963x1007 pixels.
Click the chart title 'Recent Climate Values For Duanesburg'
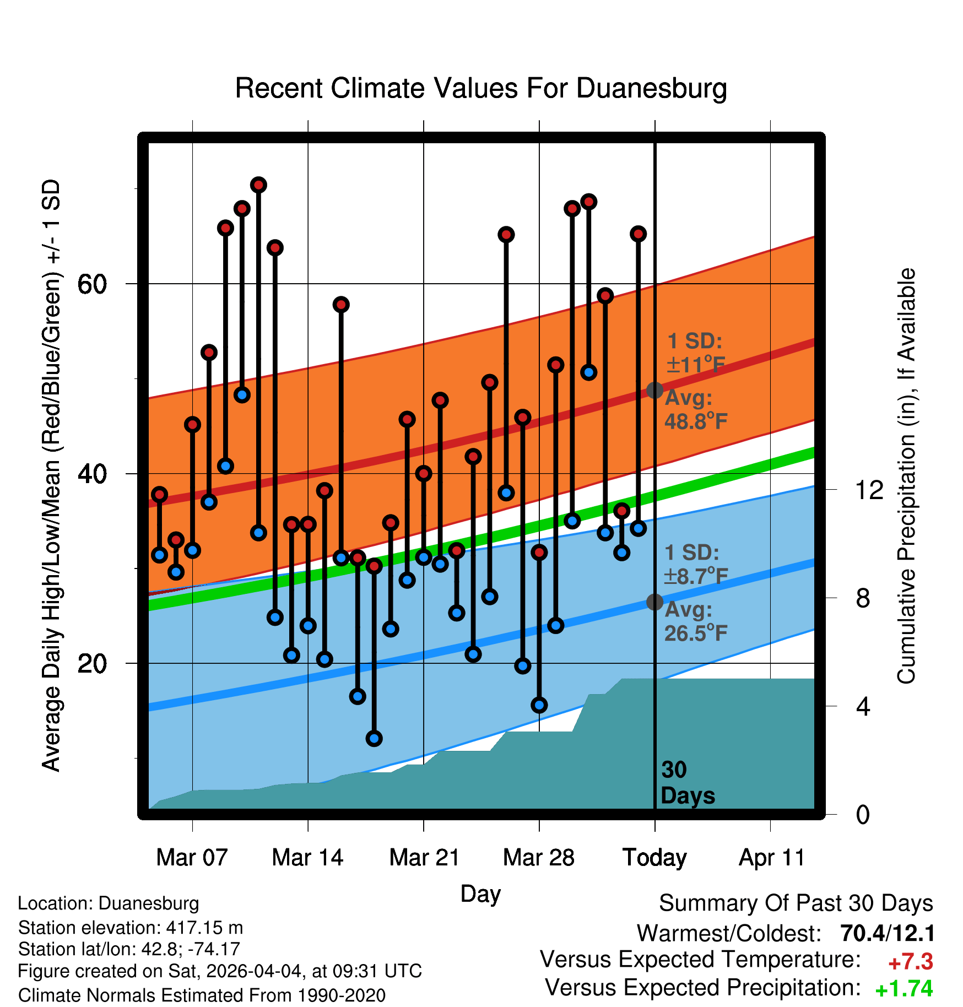click(481, 88)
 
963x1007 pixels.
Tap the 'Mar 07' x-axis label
click(192, 857)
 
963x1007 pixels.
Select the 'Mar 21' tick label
click(424, 857)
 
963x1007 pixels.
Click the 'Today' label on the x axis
click(654, 858)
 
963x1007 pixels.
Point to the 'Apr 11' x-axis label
click(771, 858)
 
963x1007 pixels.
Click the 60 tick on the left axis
click(92, 284)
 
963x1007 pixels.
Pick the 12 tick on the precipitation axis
click(869, 490)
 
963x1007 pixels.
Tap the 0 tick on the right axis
click(863, 814)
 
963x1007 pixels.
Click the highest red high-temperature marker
click(258, 185)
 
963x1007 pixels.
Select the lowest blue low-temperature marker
click(374, 739)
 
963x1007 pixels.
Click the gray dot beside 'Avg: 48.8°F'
click(654, 390)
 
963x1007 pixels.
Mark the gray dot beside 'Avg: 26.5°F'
click(654, 602)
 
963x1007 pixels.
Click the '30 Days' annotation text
click(687, 783)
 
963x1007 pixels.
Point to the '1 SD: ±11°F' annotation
click(695, 353)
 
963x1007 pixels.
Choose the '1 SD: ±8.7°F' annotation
click(695, 565)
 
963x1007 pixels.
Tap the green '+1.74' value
click(904, 989)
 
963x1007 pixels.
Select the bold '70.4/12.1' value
click(888, 933)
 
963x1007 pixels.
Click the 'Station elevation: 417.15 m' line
click(131, 928)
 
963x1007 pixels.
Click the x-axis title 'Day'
click(480, 894)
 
